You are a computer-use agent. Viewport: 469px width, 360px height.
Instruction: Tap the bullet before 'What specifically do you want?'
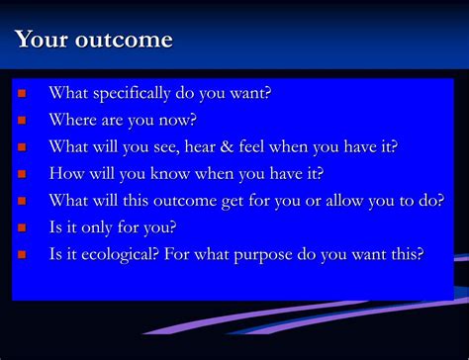[x=22, y=94]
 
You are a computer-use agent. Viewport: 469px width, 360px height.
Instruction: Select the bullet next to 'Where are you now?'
[x=22, y=121]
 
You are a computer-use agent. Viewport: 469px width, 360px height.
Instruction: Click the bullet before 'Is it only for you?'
[x=22, y=227]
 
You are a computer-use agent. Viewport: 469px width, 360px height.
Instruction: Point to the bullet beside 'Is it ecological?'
[x=22, y=254]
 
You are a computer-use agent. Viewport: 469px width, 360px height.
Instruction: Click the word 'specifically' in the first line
[x=137, y=94]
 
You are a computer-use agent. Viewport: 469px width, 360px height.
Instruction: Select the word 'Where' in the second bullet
[x=72, y=121]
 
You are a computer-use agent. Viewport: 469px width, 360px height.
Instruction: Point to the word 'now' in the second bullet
[x=178, y=121]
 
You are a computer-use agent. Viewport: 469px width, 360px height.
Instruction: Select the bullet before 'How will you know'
[x=22, y=174]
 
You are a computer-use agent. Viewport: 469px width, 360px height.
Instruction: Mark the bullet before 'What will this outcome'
[x=22, y=201]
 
